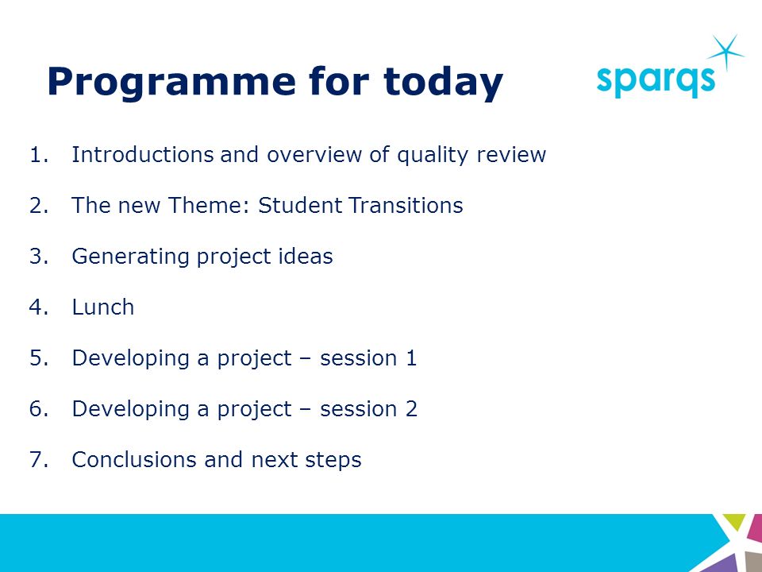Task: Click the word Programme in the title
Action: pos(171,83)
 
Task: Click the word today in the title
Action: pos(443,83)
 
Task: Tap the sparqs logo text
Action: pos(656,81)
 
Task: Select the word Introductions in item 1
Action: pos(142,155)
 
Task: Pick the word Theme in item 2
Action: pos(209,205)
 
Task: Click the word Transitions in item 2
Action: pos(406,205)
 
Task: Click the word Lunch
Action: pos(103,307)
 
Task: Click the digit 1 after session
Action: pos(411,358)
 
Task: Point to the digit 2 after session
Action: pos(411,408)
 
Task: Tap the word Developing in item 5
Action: pos(130,359)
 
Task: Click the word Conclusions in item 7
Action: pos(134,460)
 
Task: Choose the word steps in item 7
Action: pos(333,461)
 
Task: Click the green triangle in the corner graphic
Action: pos(734,521)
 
